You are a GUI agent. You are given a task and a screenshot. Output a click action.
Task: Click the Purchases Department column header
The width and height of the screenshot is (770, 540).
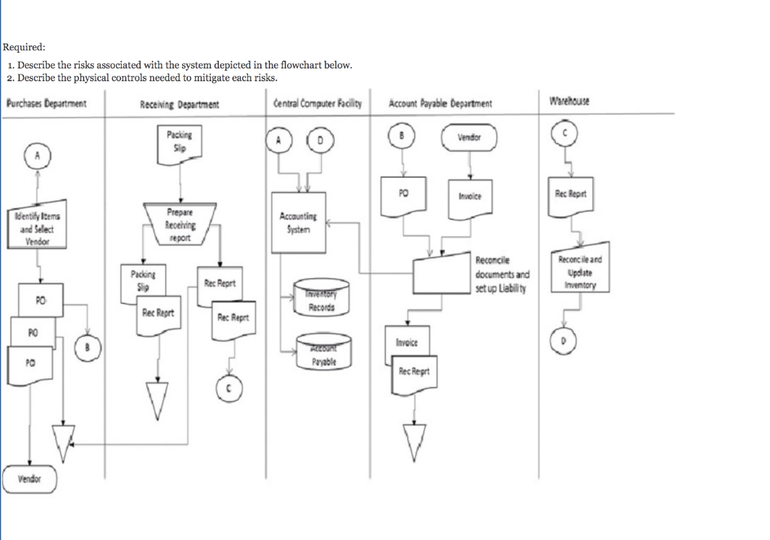46,103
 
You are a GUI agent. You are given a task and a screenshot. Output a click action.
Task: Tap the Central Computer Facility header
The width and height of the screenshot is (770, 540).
317,103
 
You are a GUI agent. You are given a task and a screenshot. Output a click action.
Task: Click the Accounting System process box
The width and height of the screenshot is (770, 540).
299,222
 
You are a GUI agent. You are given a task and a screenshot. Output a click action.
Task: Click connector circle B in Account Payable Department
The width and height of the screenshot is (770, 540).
402,136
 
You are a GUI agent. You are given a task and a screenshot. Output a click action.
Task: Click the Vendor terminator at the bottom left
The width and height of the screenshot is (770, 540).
29,479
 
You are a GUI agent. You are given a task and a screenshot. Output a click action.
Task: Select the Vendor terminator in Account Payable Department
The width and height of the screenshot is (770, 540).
470,137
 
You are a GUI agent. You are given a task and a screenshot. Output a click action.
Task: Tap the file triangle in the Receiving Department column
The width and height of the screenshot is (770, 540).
157,399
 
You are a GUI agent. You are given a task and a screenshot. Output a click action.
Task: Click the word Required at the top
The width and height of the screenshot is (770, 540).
24,48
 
